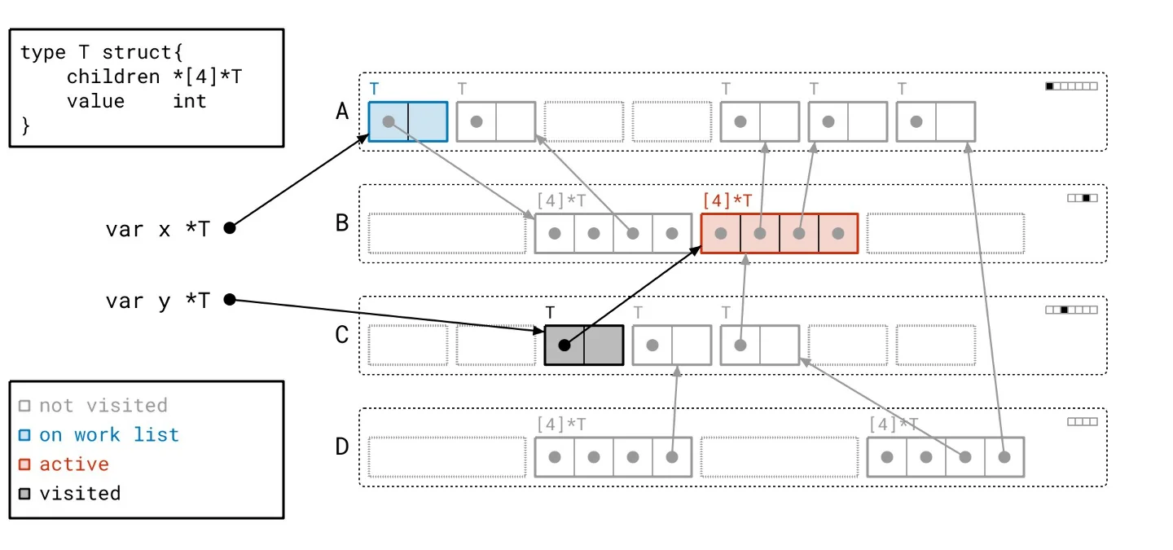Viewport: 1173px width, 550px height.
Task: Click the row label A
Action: pyautogui.click(x=342, y=111)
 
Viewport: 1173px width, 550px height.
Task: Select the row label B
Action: pyautogui.click(x=342, y=222)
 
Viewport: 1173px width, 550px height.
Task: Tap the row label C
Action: pyautogui.click(x=342, y=335)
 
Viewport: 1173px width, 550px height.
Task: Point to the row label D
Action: pyautogui.click(x=342, y=447)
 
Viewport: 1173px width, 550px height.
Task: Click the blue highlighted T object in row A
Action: pyautogui.click(x=408, y=121)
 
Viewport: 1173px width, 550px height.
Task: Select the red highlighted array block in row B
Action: pyautogui.click(x=780, y=233)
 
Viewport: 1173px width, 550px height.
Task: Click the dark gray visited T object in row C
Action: pyautogui.click(x=583, y=345)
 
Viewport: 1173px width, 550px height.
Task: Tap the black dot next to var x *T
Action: pyautogui.click(x=230, y=228)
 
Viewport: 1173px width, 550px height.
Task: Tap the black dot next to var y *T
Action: pyautogui.click(x=230, y=300)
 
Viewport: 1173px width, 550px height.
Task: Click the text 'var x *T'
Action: pyautogui.click(x=157, y=229)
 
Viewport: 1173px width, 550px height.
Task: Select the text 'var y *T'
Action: pyautogui.click(x=157, y=301)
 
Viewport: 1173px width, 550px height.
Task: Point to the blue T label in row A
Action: pyautogui.click(x=374, y=88)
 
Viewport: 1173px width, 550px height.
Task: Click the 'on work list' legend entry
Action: pyautogui.click(x=108, y=435)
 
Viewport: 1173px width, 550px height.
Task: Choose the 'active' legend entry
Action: pyautogui.click(x=73, y=464)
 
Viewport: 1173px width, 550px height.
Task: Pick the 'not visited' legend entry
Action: pyautogui.click(x=103, y=406)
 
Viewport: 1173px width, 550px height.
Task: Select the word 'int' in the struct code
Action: pyautogui.click(x=189, y=101)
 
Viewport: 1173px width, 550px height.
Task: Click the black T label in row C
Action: pyautogui.click(x=551, y=312)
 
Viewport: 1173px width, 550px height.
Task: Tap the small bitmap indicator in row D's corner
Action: pyautogui.click(x=1083, y=422)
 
